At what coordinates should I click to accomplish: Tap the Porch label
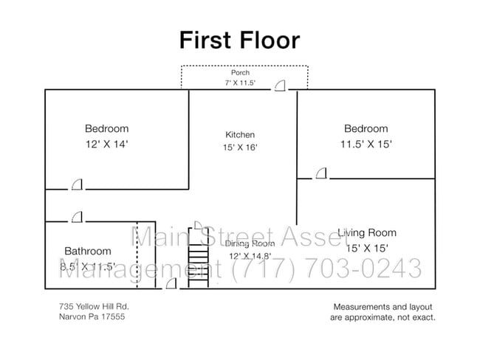coord(240,73)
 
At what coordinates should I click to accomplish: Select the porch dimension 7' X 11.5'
coord(240,83)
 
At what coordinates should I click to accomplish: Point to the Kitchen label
coord(240,135)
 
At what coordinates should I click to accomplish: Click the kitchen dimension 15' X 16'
coord(240,147)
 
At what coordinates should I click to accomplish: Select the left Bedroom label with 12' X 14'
coord(106,128)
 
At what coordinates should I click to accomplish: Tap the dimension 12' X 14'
coord(106,145)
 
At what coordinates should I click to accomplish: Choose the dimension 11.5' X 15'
coord(366,145)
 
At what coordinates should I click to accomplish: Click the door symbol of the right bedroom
coord(320,174)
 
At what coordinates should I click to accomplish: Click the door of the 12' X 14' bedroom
coord(77,184)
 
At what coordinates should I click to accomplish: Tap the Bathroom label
coord(87,251)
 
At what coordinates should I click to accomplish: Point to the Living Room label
coord(367,233)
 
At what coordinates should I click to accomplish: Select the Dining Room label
coord(250,243)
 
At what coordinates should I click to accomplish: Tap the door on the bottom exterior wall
coord(171,285)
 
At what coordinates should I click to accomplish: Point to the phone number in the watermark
coord(326,269)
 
